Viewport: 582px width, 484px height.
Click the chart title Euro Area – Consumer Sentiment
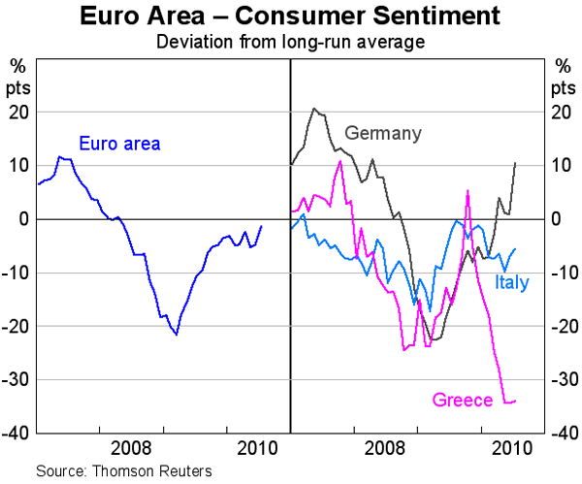tap(291, 16)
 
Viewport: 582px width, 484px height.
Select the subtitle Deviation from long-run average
tap(291, 42)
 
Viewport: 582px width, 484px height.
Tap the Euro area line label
tap(120, 145)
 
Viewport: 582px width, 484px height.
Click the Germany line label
tap(384, 133)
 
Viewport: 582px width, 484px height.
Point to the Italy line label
tap(511, 282)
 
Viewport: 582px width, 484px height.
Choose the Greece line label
tap(461, 399)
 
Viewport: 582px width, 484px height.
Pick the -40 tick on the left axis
tap(18, 433)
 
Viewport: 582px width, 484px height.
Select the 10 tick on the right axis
tap(560, 165)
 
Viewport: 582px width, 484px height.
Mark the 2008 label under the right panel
tap(385, 449)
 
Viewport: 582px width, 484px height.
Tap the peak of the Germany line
tap(313, 109)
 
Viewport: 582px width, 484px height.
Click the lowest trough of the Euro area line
tap(177, 334)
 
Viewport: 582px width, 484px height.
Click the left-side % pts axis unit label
tap(19, 75)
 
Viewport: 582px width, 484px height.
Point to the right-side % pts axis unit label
tap(563, 75)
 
